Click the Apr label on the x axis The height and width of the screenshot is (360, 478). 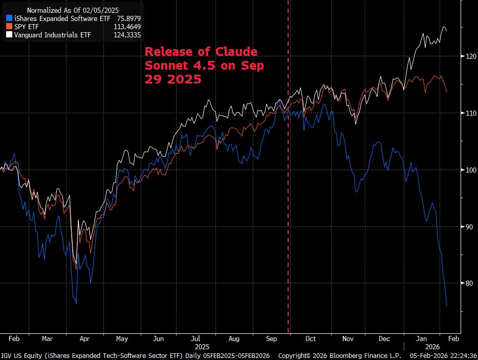84,338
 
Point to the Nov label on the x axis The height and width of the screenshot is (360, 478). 348,338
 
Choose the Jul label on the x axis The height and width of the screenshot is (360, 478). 196,338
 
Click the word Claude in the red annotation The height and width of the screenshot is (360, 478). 237,52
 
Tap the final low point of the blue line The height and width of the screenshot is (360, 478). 447,306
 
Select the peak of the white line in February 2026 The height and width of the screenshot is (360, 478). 444,27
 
